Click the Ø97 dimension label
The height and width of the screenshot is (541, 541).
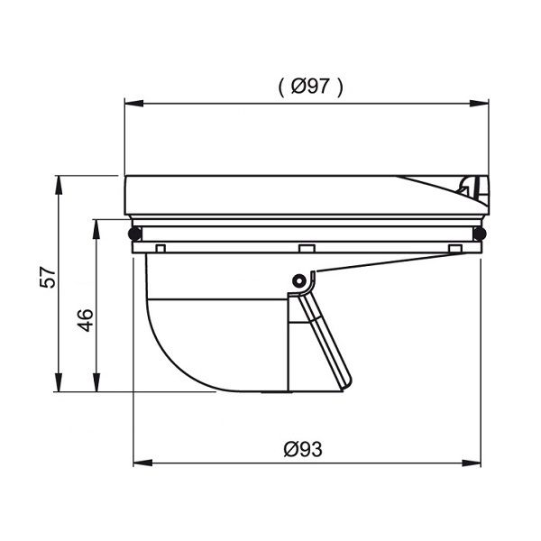click(x=310, y=86)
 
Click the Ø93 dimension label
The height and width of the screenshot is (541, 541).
click(x=303, y=449)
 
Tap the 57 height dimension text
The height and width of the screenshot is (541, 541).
click(x=48, y=277)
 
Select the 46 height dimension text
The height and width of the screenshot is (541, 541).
click(x=85, y=320)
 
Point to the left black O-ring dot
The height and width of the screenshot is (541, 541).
click(x=134, y=234)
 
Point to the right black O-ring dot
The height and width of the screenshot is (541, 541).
click(x=480, y=234)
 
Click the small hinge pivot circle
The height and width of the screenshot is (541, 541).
click(x=298, y=280)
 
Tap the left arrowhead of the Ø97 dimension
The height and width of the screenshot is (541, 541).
click(x=133, y=103)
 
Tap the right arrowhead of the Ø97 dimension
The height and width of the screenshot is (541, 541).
click(x=480, y=103)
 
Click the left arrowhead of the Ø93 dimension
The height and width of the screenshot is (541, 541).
click(x=142, y=463)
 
